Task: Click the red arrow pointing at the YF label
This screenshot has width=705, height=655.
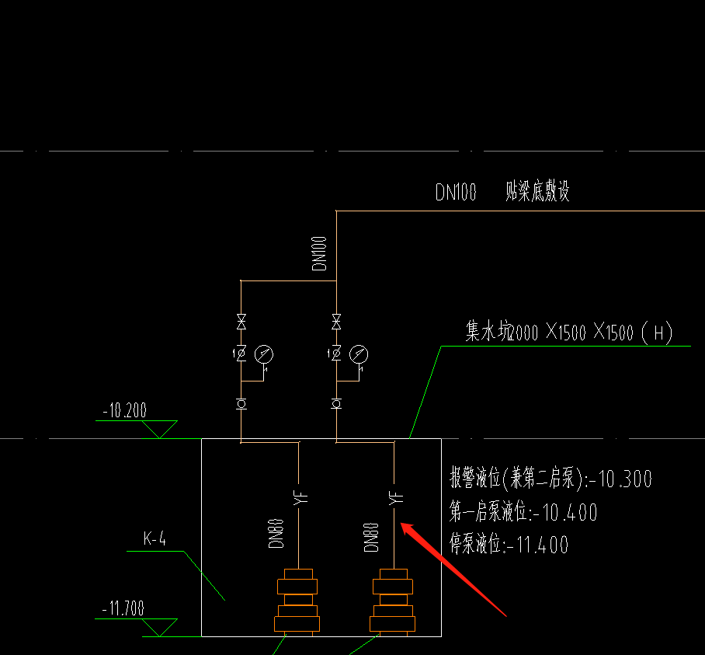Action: [x=454, y=570]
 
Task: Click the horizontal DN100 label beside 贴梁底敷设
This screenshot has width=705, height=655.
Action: [x=456, y=192]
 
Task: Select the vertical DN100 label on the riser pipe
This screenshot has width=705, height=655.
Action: [x=321, y=253]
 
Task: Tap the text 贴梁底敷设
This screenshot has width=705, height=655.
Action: [x=537, y=191]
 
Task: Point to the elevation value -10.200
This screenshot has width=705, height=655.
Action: [x=124, y=410]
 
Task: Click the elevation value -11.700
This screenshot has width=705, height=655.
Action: [x=123, y=608]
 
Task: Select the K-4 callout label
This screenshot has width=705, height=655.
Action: [x=155, y=538]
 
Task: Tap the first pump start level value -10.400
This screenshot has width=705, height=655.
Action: [x=565, y=512]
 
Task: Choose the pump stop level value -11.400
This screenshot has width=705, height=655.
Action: [x=537, y=545]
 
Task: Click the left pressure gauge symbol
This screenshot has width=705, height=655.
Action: [x=264, y=354]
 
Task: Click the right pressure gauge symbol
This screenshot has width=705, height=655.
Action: [x=358, y=354]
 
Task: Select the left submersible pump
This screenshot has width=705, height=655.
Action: [x=297, y=601]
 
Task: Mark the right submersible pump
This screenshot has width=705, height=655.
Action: [x=393, y=601]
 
